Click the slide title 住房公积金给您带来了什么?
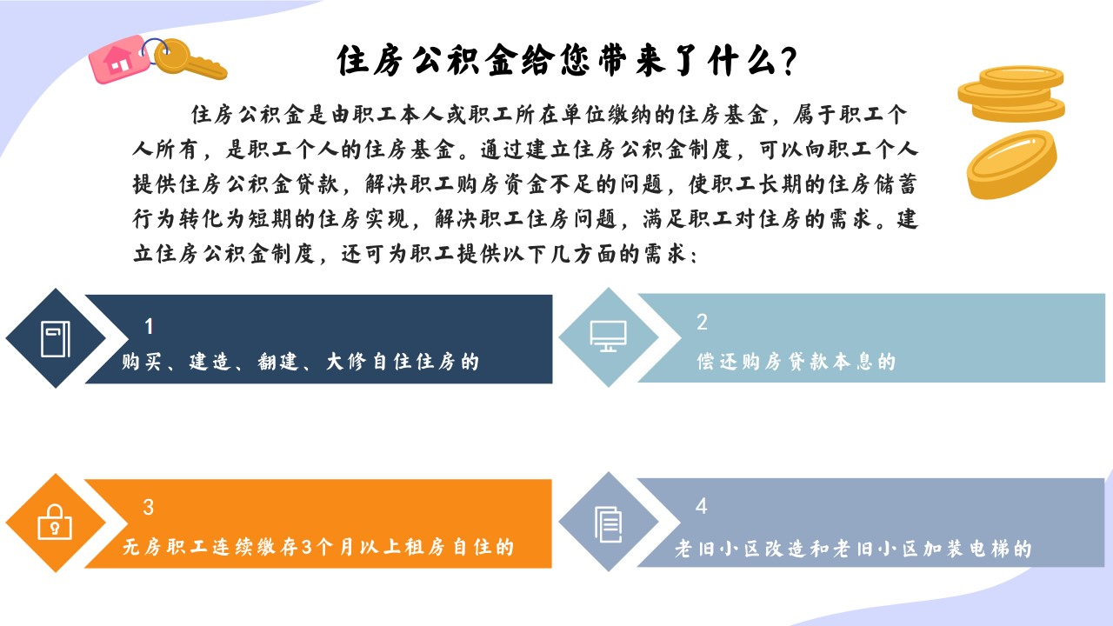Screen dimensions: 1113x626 [567, 61]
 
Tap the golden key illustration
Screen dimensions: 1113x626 [190, 60]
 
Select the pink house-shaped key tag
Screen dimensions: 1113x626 [119, 59]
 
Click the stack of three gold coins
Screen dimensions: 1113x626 [1011, 94]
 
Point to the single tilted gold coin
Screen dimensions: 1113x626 [1011, 164]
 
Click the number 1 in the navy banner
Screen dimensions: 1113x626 [149, 326]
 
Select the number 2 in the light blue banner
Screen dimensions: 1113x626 [702, 322]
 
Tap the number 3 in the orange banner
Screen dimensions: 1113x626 [148, 507]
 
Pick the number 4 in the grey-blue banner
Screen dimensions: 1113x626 [701, 506]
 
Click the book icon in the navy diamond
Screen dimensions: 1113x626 [55, 339]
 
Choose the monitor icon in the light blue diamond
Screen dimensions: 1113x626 [608, 336]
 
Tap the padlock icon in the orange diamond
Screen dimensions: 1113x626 [55, 523]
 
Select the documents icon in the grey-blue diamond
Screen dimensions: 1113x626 [608, 524]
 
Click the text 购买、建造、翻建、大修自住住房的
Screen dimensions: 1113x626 [300, 362]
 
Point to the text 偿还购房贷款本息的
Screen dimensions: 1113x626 [796, 362]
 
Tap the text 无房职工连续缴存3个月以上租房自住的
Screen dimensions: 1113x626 [318, 547]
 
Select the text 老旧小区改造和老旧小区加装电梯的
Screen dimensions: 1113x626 [853, 549]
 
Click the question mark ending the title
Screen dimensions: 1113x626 [789, 61]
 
